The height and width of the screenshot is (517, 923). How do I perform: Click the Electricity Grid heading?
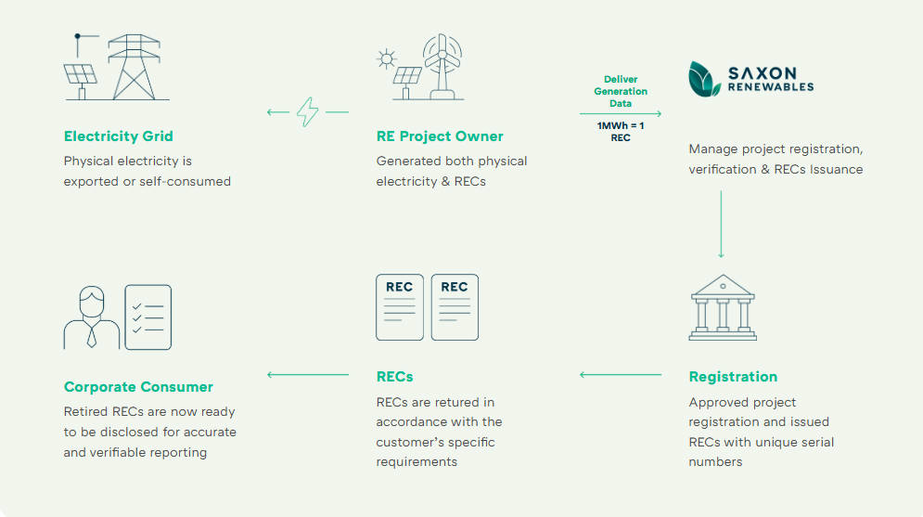coord(118,136)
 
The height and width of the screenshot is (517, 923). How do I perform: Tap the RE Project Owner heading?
coord(439,136)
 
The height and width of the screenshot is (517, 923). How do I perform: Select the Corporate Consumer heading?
coord(138,387)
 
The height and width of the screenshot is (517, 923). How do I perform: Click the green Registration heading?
coord(733,377)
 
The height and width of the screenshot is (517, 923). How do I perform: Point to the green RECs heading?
coord(394,377)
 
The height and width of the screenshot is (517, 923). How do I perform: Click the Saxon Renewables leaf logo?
coord(704,79)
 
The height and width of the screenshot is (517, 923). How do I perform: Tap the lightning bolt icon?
coord(307,112)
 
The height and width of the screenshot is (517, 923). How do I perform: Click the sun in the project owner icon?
coord(386,59)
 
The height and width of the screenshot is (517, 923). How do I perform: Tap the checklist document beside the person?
coord(148,317)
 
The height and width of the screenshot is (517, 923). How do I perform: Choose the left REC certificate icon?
coord(400,306)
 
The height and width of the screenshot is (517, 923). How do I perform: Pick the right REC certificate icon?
coord(455,306)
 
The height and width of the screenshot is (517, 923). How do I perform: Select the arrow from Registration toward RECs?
coord(620,375)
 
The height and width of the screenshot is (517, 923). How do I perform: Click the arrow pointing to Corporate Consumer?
coord(307,375)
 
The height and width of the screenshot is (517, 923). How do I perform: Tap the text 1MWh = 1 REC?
coord(621,131)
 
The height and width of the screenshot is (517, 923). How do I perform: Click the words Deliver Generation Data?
coord(621,91)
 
